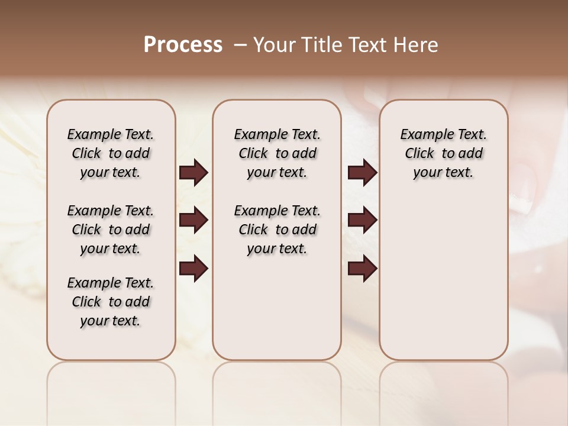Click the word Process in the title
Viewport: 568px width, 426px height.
point(183,45)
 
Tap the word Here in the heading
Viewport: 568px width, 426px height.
point(416,45)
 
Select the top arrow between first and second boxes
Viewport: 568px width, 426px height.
point(193,173)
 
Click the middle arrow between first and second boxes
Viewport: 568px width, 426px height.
point(193,221)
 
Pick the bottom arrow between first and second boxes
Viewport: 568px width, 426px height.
point(193,269)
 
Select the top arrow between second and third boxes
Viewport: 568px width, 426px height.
point(362,173)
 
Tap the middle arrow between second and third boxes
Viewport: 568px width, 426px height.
point(362,221)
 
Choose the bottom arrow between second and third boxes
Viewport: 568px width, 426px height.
point(362,269)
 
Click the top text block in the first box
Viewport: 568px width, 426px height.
point(111,153)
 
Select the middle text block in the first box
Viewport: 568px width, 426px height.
point(111,230)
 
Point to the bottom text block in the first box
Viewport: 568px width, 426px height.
point(111,302)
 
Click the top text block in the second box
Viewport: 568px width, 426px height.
point(277,153)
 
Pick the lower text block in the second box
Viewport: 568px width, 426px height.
point(277,230)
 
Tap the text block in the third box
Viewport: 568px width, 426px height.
point(443,153)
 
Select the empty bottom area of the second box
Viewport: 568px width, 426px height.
point(277,314)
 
